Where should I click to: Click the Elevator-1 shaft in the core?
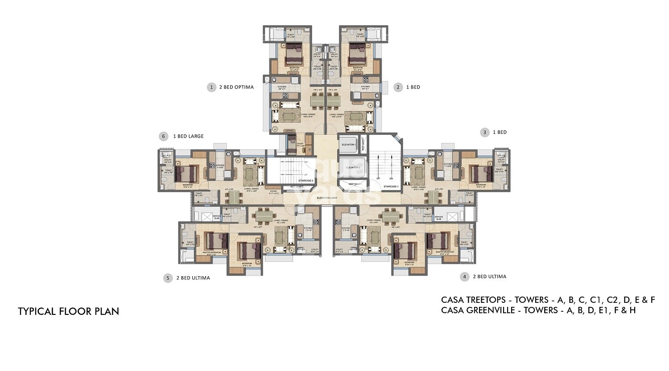[348, 145]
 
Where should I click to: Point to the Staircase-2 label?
[306, 180]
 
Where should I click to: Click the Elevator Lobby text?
[326, 197]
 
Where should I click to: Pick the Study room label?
[300, 145]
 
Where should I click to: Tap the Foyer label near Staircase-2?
[273, 192]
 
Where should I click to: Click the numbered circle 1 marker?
[211, 87]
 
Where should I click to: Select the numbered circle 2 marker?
[398, 87]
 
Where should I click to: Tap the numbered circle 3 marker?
[484, 132]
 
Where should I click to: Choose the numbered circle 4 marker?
[465, 277]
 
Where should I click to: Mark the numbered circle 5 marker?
[168, 278]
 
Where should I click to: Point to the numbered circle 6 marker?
[164, 136]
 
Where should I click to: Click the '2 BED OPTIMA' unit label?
[236, 87]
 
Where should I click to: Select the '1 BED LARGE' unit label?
[188, 136]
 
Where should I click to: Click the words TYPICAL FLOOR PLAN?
[69, 311]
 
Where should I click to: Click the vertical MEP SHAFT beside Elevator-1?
[363, 144]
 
